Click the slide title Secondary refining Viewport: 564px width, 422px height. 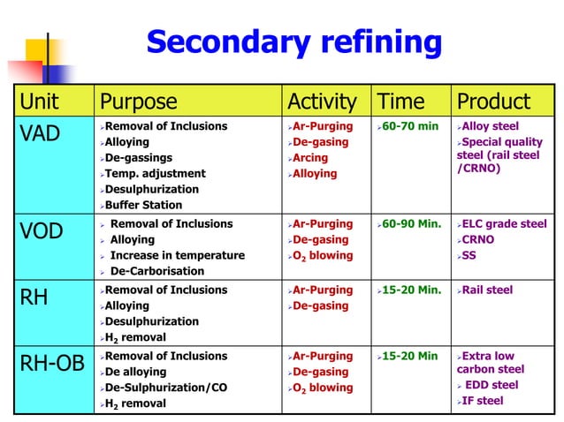pyautogui.click(x=293, y=41)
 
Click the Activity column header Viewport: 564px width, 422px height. pyautogui.click(x=322, y=101)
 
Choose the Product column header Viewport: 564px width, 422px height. pyautogui.click(x=492, y=101)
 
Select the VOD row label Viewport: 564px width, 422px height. pyautogui.click(x=42, y=233)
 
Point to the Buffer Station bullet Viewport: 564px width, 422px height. pyautogui.click(x=148, y=205)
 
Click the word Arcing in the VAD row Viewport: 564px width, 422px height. pyautogui.click(x=311, y=158)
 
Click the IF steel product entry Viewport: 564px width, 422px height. pyautogui.click(x=484, y=401)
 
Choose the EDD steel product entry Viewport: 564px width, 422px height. pyautogui.click(x=493, y=385)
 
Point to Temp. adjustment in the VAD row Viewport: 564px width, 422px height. pyautogui.click(x=155, y=173)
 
